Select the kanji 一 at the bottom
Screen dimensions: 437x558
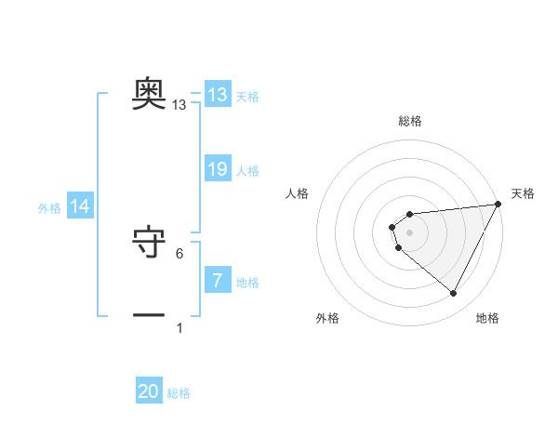point(149,315)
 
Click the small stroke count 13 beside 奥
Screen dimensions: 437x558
point(179,105)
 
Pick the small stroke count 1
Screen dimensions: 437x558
point(179,327)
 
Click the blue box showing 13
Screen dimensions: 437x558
point(217,95)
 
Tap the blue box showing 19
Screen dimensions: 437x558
point(217,169)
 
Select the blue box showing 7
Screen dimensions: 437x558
point(217,281)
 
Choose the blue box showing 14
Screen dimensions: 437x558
point(80,206)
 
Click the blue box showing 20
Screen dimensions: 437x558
point(149,391)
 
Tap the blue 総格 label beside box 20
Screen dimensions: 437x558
point(179,393)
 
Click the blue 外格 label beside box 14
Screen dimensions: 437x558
point(49,208)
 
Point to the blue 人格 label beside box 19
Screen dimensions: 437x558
point(247,171)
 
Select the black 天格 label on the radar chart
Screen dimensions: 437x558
point(523,193)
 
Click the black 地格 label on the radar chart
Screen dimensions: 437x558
point(487,318)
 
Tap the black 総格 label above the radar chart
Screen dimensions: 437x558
point(409,121)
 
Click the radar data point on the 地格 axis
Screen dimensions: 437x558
point(453,294)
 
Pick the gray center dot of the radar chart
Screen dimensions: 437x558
point(409,232)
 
